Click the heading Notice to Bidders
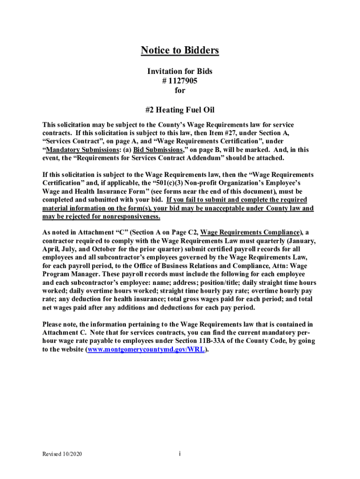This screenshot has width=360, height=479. point(180,51)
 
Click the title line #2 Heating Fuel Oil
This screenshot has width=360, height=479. point(180,110)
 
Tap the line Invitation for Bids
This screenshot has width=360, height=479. point(180,71)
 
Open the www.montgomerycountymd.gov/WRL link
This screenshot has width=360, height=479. point(146,349)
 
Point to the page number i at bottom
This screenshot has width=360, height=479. point(180,454)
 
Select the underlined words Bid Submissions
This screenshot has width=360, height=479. point(155,150)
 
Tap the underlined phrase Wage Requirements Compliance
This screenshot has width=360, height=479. point(250,232)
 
